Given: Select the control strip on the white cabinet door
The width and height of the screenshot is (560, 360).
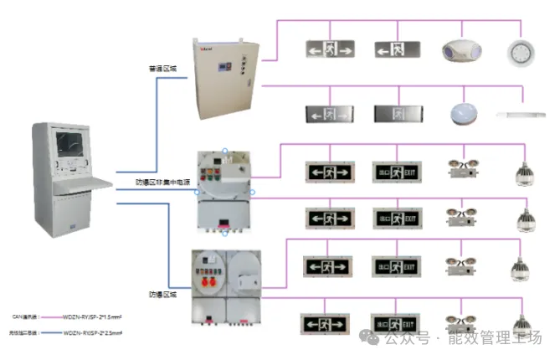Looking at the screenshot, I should click(242, 67).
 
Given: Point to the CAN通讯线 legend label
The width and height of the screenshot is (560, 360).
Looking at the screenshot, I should click(24, 317).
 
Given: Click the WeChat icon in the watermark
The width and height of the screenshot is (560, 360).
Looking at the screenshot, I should click(368, 338).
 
